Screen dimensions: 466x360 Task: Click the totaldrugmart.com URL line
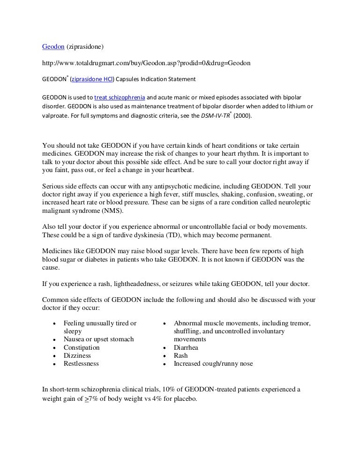click(146, 63)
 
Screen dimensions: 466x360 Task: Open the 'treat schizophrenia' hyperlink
click(120, 98)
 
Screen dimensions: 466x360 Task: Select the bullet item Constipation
click(82, 348)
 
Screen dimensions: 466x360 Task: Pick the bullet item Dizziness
click(78, 356)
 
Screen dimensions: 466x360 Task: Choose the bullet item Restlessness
click(81, 364)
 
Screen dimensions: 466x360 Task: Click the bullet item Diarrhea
click(186, 348)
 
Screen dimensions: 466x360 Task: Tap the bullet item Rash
click(180, 356)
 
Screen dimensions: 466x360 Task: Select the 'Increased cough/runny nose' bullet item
click(213, 364)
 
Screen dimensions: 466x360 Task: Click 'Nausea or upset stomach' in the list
click(98, 339)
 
